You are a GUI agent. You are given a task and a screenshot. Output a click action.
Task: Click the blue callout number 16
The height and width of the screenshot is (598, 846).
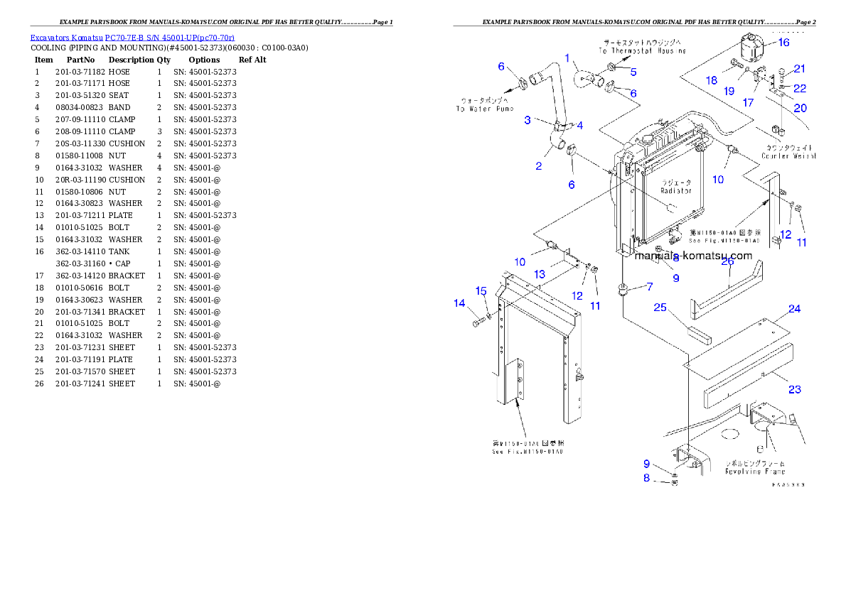(783, 43)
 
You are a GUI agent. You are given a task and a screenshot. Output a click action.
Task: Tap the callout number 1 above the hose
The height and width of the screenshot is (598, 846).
(567, 58)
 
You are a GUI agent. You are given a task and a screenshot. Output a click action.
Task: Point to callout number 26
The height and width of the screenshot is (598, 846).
(727, 261)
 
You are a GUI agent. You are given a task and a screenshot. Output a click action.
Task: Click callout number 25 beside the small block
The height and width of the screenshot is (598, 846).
(660, 308)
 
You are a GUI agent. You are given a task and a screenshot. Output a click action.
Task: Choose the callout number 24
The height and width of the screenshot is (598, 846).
(794, 309)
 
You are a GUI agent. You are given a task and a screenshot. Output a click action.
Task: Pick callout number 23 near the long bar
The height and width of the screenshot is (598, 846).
(794, 389)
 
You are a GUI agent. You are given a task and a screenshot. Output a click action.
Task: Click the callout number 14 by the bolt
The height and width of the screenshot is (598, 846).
(459, 304)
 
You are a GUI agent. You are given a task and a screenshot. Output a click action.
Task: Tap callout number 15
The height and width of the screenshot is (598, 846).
(481, 291)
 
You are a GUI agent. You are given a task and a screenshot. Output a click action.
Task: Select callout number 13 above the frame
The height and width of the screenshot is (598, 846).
(540, 274)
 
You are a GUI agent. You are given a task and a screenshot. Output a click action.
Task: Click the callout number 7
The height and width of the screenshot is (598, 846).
(648, 286)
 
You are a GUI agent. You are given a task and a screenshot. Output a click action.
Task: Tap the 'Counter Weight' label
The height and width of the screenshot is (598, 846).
(788, 156)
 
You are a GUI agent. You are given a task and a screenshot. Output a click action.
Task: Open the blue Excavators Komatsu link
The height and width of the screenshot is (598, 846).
(132, 38)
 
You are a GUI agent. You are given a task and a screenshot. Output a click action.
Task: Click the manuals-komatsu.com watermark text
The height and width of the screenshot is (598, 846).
(693, 256)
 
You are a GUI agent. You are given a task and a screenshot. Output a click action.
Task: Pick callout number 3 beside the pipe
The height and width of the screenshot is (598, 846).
(528, 120)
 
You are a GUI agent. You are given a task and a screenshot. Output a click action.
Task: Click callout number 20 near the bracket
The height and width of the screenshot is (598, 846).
(800, 109)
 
